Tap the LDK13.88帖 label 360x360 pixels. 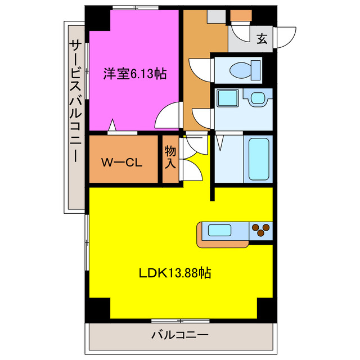(175, 274)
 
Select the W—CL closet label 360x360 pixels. (121, 163)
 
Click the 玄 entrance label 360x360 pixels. (262, 39)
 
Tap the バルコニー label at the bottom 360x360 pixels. (179, 336)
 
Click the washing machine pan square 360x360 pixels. (227, 99)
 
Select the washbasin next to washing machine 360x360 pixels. (257, 98)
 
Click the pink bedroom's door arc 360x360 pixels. (168, 116)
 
